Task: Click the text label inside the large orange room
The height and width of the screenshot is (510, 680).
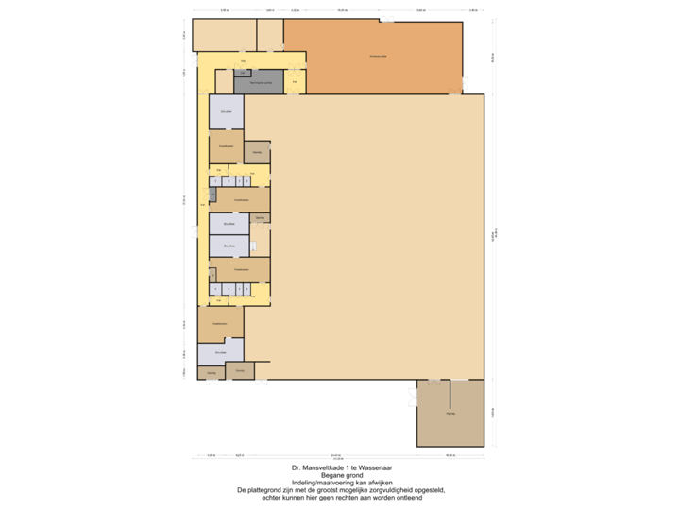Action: [x=378, y=56]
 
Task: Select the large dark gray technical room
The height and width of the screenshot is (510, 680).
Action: [x=259, y=83]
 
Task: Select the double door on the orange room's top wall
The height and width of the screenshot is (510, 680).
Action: [x=386, y=20]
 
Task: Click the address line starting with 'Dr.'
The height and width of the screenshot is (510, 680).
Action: [x=342, y=467]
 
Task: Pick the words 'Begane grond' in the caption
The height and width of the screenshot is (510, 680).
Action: [x=342, y=475]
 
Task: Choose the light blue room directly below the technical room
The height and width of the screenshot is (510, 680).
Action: [x=226, y=112]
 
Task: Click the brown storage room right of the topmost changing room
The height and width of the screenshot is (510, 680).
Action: [x=257, y=151]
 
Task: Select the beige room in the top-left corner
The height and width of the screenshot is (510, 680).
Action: [x=224, y=35]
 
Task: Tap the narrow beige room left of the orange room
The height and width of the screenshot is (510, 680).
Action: [x=270, y=35]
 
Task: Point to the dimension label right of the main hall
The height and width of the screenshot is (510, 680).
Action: [x=494, y=236]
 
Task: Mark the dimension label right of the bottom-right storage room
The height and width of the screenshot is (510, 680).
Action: [x=492, y=413]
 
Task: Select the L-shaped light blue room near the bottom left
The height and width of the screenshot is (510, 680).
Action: [x=219, y=353]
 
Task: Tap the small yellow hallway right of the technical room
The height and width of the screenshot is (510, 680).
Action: [x=295, y=82]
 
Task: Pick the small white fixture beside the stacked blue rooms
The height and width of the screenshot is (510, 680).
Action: [x=253, y=246]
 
